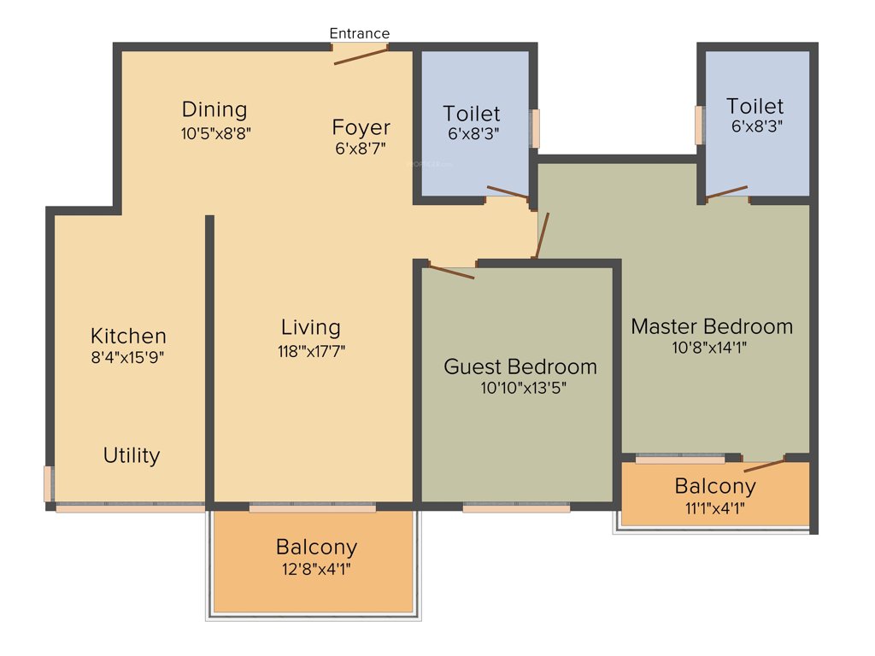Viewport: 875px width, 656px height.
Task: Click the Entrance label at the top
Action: click(x=360, y=33)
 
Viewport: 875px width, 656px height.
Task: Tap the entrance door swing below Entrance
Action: click(x=361, y=56)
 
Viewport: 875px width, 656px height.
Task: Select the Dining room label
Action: click(x=214, y=109)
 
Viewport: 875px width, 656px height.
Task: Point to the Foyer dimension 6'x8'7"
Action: click(x=361, y=148)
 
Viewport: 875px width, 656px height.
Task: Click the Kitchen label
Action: click(x=128, y=336)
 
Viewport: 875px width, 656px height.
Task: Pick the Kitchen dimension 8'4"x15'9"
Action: click(x=128, y=356)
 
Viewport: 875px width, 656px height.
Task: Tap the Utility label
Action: click(x=132, y=455)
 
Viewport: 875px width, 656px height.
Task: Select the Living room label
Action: click(x=310, y=327)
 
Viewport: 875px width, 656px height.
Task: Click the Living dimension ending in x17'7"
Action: click(x=311, y=349)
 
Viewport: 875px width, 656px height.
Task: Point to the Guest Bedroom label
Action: click(x=520, y=366)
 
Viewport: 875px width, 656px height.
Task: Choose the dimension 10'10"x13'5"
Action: click(x=522, y=387)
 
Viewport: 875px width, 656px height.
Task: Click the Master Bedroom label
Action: click(x=712, y=326)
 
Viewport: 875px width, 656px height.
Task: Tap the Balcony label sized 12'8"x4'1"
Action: click(x=316, y=547)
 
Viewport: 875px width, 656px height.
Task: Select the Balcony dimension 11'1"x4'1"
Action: click(x=715, y=507)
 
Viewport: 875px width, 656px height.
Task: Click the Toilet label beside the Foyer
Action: click(x=472, y=114)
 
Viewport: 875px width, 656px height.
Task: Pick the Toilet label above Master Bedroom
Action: click(x=755, y=106)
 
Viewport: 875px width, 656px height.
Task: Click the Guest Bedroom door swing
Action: click(x=452, y=272)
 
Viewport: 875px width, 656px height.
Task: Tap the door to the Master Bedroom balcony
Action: click(x=764, y=465)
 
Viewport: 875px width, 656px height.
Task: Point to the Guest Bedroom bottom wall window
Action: click(x=516, y=507)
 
